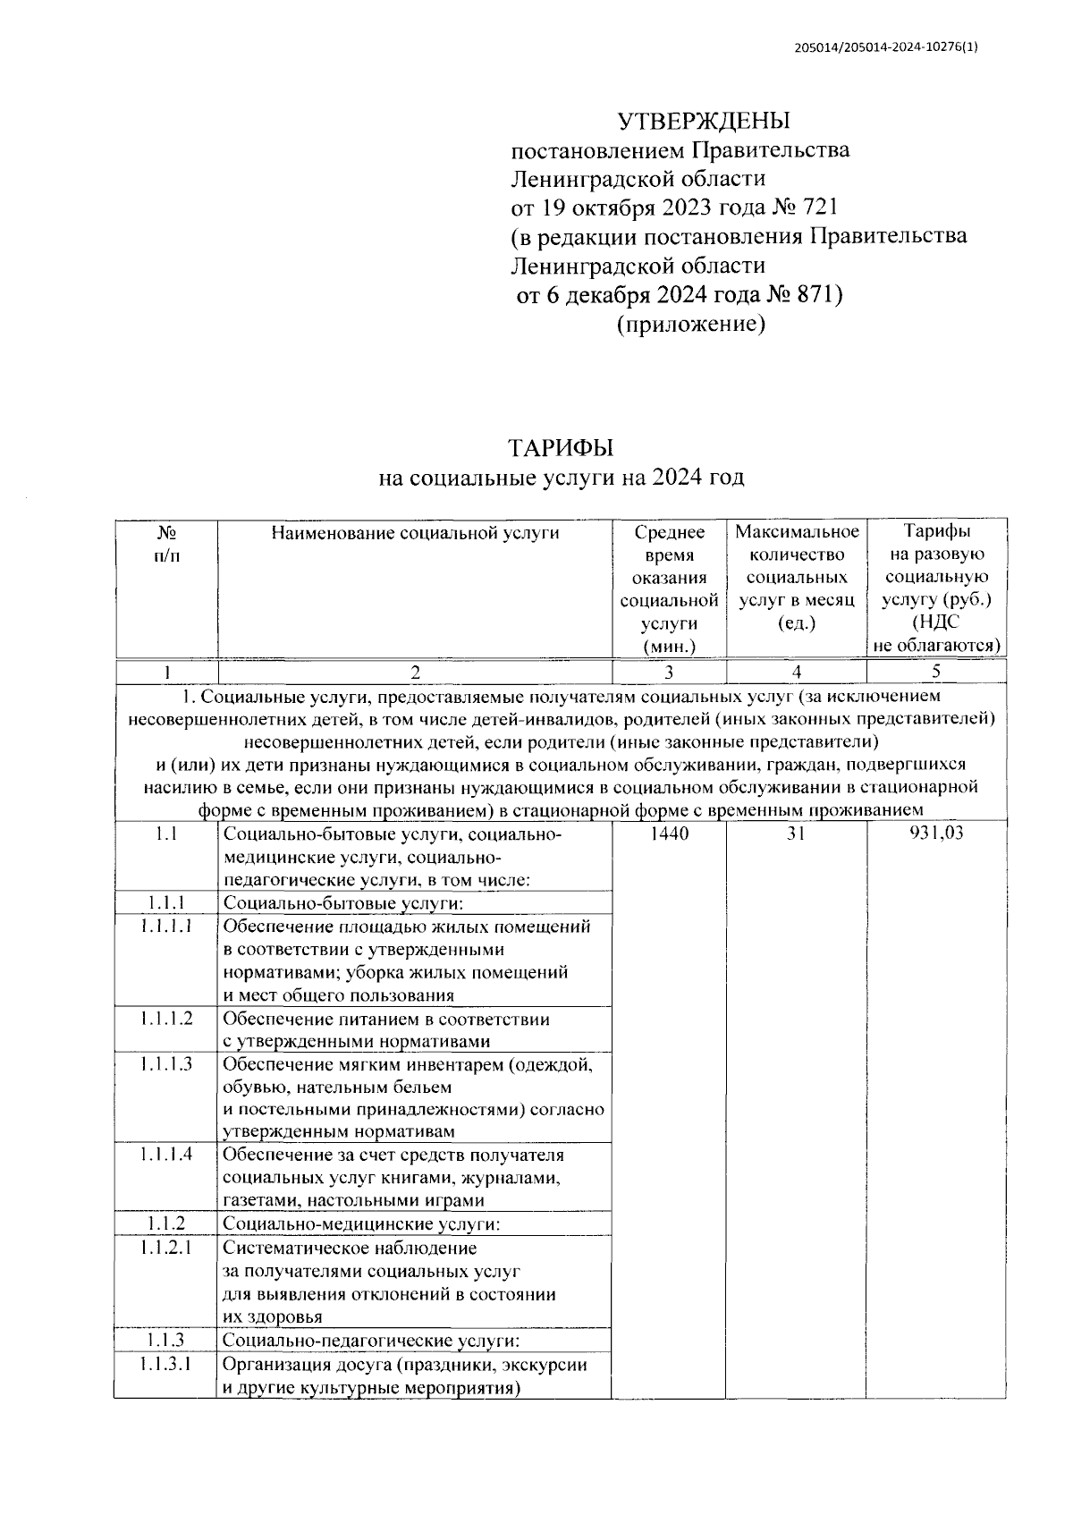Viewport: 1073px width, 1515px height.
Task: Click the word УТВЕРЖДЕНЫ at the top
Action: click(705, 121)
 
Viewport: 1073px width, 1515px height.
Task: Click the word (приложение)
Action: click(690, 325)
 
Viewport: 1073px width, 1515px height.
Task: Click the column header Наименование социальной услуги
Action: click(415, 534)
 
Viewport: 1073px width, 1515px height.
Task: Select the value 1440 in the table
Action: click(669, 834)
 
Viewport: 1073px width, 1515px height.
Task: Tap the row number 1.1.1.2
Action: click(166, 1019)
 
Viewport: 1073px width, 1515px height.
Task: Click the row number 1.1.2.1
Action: click(166, 1247)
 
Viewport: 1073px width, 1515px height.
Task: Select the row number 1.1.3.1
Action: click(166, 1364)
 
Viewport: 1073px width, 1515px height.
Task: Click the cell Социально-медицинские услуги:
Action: click(360, 1223)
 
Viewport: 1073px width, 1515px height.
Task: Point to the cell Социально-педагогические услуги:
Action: click(370, 1341)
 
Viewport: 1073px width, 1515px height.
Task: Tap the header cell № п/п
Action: click(166, 544)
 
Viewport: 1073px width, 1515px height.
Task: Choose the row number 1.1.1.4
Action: click(166, 1154)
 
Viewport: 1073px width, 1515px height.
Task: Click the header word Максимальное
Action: click(797, 533)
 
